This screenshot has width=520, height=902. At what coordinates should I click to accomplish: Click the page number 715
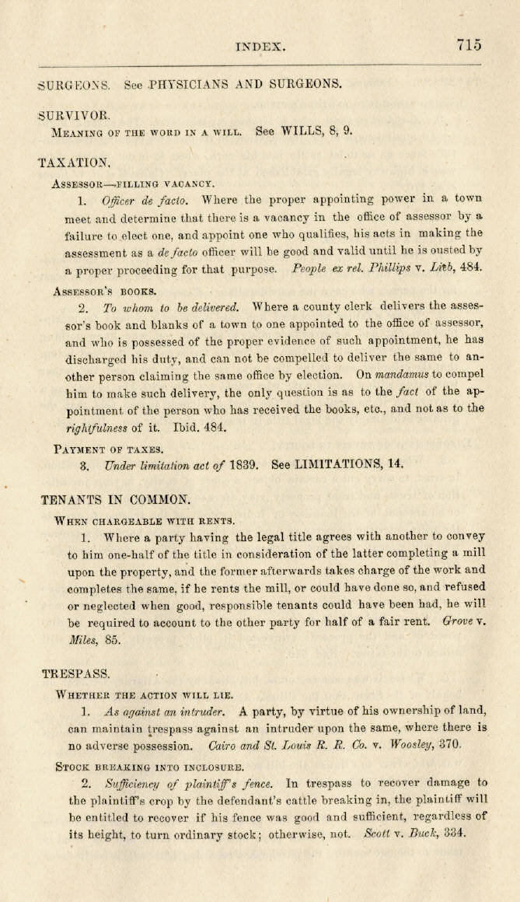point(469,44)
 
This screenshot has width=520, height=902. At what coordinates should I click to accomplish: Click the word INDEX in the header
point(260,47)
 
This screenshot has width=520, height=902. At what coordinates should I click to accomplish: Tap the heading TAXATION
point(74,163)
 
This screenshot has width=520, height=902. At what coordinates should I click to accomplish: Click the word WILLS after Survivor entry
point(300,131)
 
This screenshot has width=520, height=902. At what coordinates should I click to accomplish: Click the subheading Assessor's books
point(104,292)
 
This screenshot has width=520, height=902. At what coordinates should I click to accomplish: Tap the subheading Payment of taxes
point(108,449)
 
